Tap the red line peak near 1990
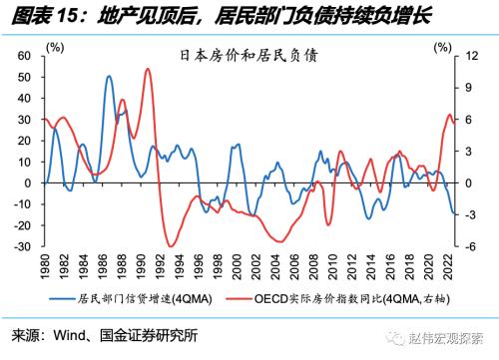[x=148, y=69]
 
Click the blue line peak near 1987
[x=108, y=76]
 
